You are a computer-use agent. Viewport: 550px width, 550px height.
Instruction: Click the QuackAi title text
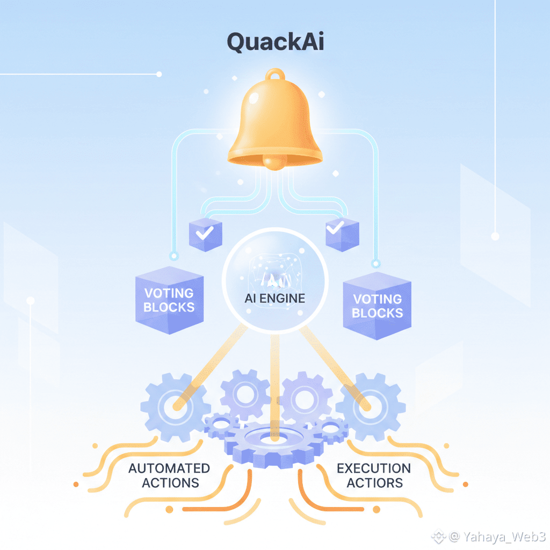(276, 42)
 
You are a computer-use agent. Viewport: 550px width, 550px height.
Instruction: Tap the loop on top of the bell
(276, 74)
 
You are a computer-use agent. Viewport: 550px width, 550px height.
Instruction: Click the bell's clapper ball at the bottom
(275, 162)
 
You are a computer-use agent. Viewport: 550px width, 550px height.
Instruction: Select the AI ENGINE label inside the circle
(274, 299)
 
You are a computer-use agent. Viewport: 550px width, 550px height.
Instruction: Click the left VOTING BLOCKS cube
(169, 300)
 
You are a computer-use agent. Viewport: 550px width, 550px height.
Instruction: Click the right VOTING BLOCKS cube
(377, 306)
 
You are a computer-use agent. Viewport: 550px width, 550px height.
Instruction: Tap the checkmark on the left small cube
(205, 233)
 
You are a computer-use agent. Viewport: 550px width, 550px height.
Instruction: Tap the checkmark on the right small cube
(335, 227)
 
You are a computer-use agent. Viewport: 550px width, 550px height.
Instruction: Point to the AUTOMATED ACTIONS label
(169, 476)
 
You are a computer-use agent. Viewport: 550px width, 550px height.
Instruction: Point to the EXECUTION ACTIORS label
(374, 476)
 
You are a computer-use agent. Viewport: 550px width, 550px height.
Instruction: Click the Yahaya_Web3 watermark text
(504, 537)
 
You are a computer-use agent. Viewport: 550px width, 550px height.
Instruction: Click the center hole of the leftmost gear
(175, 407)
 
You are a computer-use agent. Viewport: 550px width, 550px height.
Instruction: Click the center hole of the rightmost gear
(371, 407)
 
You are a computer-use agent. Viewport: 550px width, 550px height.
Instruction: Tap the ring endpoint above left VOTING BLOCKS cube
(173, 256)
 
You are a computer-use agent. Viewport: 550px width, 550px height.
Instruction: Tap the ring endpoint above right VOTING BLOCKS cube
(376, 263)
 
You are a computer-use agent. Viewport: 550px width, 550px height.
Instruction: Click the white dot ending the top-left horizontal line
(159, 74)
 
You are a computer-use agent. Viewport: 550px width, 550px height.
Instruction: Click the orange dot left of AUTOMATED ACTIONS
(76, 484)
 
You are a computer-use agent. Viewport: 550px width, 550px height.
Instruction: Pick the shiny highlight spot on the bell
(254, 99)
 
